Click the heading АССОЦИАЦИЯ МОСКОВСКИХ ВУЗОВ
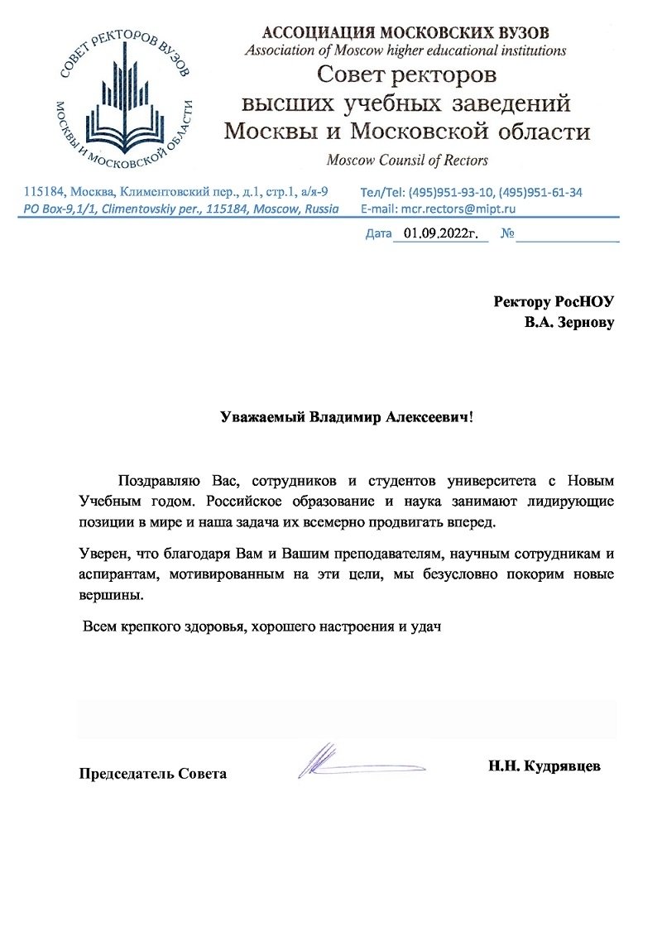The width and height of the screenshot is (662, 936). click(x=405, y=33)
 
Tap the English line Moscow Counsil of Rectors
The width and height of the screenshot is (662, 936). click(x=407, y=160)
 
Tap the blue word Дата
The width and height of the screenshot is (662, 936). click(x=378, y=234)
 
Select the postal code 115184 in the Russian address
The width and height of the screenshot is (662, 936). click(x=44, y=192)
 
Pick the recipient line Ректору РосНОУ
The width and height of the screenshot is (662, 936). click(x=554, y=301)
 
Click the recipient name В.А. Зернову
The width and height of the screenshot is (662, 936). click(x=568, y=322)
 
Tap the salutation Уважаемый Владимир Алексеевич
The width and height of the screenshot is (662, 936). click(x=345, y=417)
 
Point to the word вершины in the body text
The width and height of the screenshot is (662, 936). click(x=107, y=595)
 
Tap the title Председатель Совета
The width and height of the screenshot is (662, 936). click(x=152, y=774)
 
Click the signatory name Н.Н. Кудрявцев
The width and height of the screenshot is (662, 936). click(x=544, y=766)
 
